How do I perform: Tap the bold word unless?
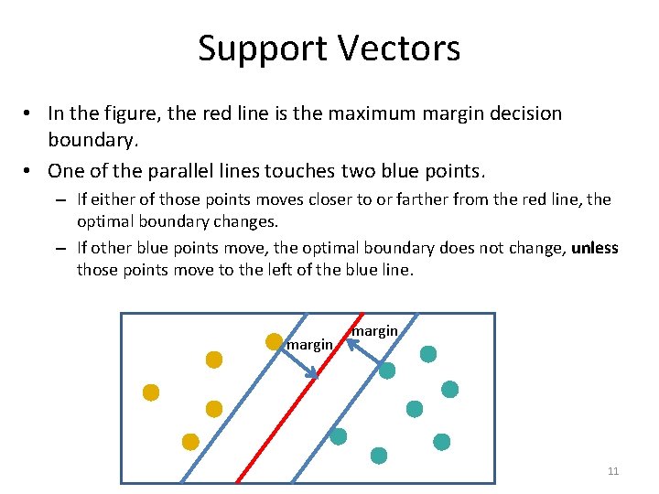[596, 248]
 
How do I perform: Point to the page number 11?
[613, 471]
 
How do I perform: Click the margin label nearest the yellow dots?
[309, 345]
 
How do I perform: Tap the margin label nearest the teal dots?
[374, 330]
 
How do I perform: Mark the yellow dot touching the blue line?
[274, 341]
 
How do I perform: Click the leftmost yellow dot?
[151, 392]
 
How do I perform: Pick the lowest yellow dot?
[190, 442]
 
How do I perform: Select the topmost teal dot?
[428, 354]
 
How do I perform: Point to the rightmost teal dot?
[449, 390]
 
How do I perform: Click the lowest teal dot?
[378, 455]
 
